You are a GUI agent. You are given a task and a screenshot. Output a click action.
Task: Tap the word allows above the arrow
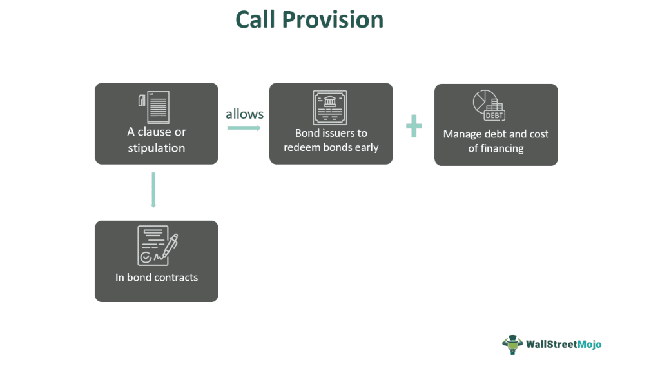click(244, 114)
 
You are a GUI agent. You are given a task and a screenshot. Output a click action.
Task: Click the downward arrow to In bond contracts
click(153, 190)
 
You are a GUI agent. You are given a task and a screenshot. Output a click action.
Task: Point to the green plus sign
click(414, 126)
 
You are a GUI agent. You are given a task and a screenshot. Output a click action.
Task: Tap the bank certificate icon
click(330, 107)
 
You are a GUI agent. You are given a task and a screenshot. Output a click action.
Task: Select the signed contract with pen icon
click(157, 245)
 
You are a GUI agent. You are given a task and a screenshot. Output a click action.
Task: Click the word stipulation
click(156, 148)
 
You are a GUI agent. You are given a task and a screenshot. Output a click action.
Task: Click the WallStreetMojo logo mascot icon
click(512, 345)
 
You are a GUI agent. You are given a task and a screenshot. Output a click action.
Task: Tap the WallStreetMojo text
click(564, 345)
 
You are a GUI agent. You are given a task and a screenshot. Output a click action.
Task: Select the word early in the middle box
click(365, 147)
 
